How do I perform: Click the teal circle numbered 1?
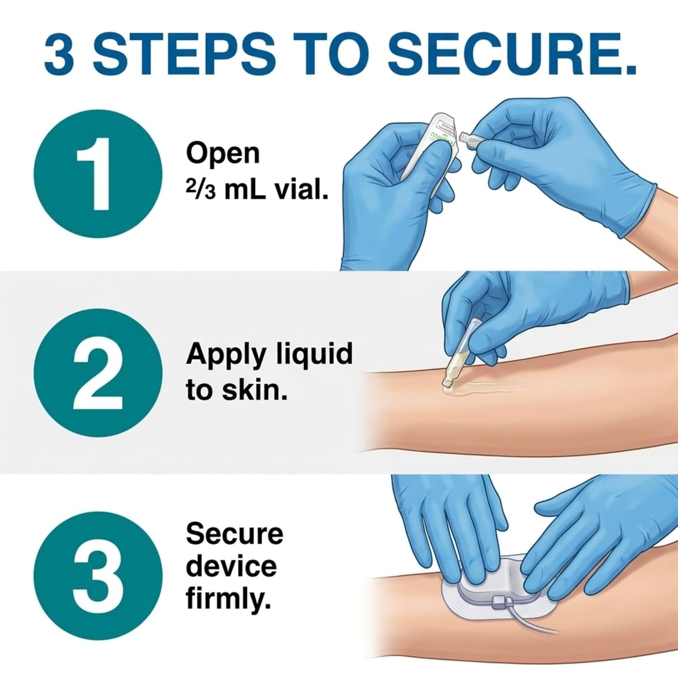98,174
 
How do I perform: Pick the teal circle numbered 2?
98,373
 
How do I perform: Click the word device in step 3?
231,566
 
